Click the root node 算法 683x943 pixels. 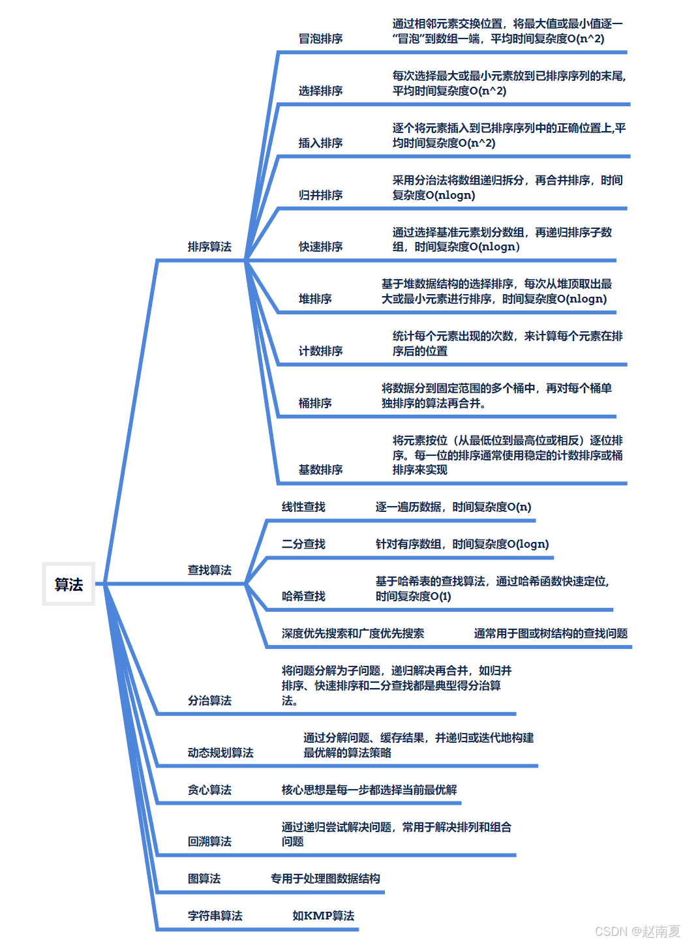coord(68,584)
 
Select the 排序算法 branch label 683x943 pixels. coord(209,247)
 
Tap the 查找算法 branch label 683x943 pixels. coord(209,570)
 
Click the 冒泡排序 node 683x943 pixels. coord(320,38)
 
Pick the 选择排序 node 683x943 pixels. coord(320,91)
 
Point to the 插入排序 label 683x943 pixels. coord(320,143)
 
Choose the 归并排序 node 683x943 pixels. coord(320,195)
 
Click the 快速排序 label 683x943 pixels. coord(320,247)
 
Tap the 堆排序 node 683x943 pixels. coord(315,299)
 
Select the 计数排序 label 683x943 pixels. coord(320,351)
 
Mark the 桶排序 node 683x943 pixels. coord(315,403)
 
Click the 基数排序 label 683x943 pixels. coord(320,470)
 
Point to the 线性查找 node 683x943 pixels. coord(303,507)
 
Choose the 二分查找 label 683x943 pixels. coord(303,544)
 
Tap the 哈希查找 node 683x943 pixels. coord(303,596)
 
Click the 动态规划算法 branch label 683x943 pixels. coord(220,753)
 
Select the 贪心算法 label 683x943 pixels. coord(209,790)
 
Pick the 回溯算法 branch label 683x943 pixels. coord(209,841)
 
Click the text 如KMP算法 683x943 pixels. coord(324,916)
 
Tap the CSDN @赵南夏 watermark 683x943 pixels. coord(637,931)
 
